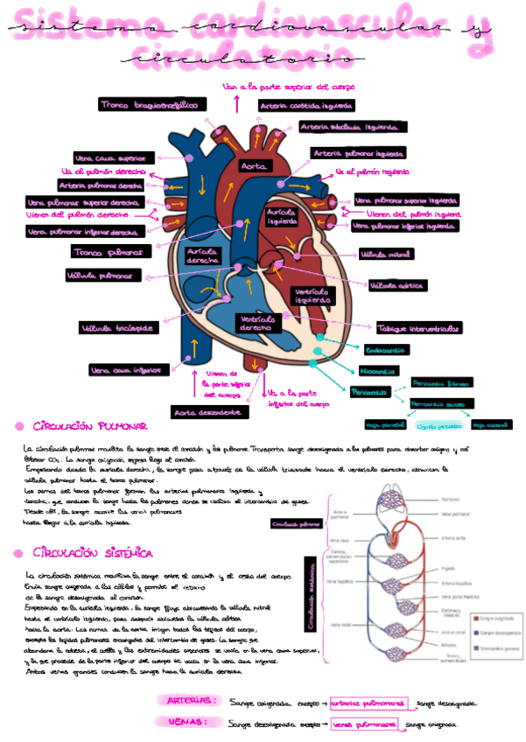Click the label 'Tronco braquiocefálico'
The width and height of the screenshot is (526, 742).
coord(148,105)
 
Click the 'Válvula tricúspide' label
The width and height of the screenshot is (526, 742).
coord(117,329)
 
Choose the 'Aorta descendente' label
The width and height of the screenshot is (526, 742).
coord(207,411)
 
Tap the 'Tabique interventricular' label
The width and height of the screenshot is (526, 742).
coord(418,329)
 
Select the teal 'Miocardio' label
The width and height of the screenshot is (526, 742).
coord(378,369)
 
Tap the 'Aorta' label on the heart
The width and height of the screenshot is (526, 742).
coord(254,165)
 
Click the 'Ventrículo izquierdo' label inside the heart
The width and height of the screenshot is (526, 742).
coord(312,296)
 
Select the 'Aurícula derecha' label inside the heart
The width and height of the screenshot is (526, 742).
coord(203,256)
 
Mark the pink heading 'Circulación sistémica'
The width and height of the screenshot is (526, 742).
coord(93,554)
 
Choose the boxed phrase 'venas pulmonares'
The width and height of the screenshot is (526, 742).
coord(362,724)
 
